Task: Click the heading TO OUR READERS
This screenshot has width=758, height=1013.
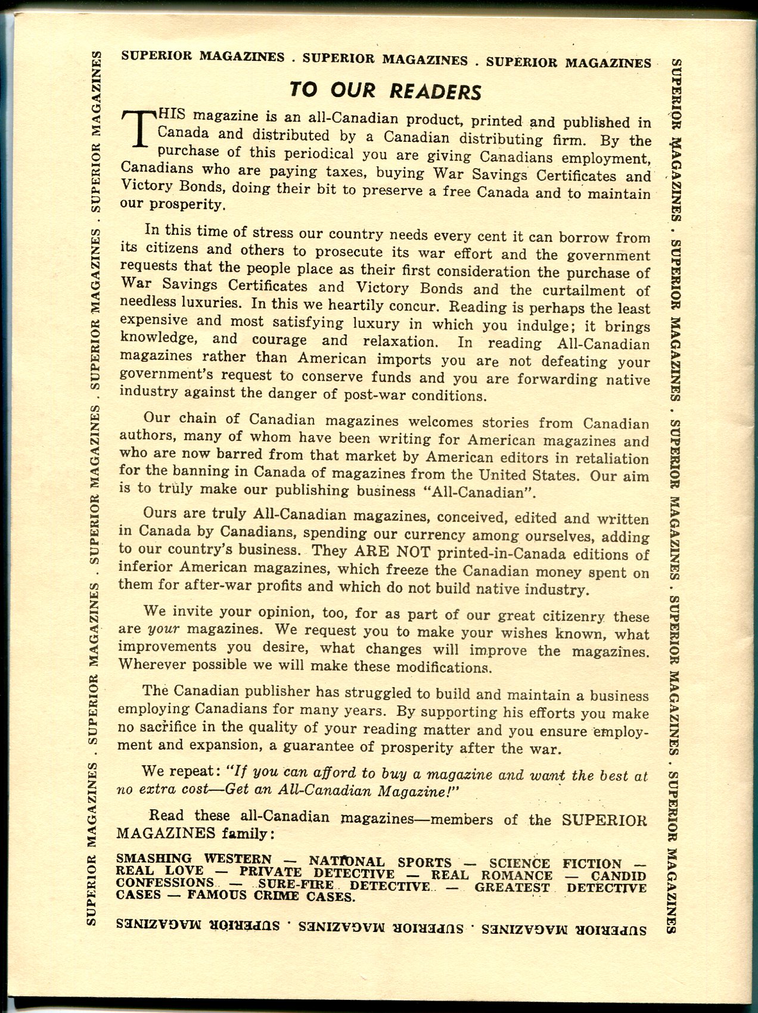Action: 384,91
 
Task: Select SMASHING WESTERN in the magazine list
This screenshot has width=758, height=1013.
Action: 194,859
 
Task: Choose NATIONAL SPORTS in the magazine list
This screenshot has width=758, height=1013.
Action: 380,862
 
